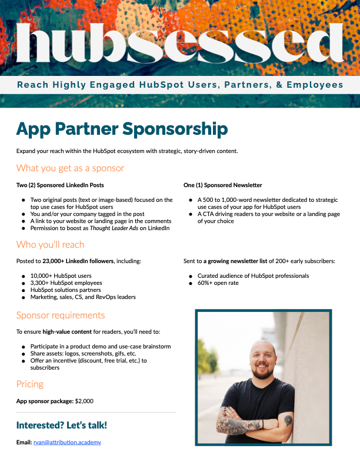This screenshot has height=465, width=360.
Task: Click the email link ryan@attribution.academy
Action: click(67, 442)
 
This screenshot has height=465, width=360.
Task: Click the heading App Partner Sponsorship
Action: click(122, 128)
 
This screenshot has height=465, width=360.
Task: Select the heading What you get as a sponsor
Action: click(70, 168)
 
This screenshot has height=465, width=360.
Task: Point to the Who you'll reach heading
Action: click(50, 244)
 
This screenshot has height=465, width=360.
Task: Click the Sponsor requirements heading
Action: click(61, 315)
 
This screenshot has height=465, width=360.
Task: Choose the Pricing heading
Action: click(30, 384)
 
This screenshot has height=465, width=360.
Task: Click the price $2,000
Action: click(84, 401)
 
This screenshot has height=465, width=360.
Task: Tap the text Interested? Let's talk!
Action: click(62, 425)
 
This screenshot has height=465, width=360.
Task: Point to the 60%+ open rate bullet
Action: click(218, 284)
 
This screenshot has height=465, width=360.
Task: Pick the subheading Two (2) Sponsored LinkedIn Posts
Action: click(60, 185)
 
